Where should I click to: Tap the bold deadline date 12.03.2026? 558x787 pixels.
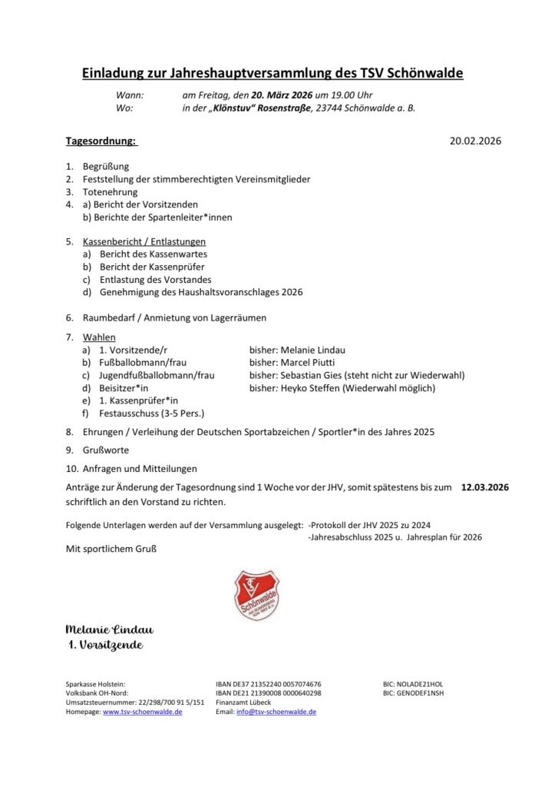tap(485, 487)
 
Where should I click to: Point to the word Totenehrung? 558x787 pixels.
tap(111, 191)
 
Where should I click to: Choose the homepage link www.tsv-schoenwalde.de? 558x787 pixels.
tap(142, 712)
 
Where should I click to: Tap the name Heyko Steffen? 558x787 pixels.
tap(311, 388)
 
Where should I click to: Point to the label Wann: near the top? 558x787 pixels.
tap(130, 95)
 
